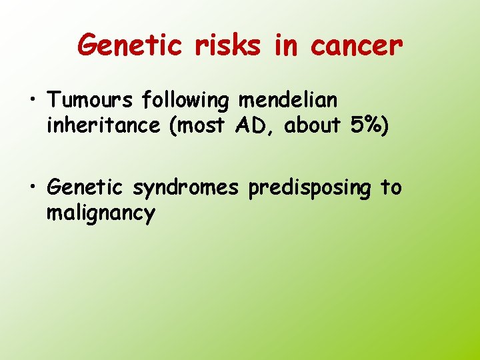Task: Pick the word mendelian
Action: click(288, 101)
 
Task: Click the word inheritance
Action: click(103, 125)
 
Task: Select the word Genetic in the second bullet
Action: click(85, 188)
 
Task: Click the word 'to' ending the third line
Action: click(391, 188)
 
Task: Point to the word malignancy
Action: click(101, 214)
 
